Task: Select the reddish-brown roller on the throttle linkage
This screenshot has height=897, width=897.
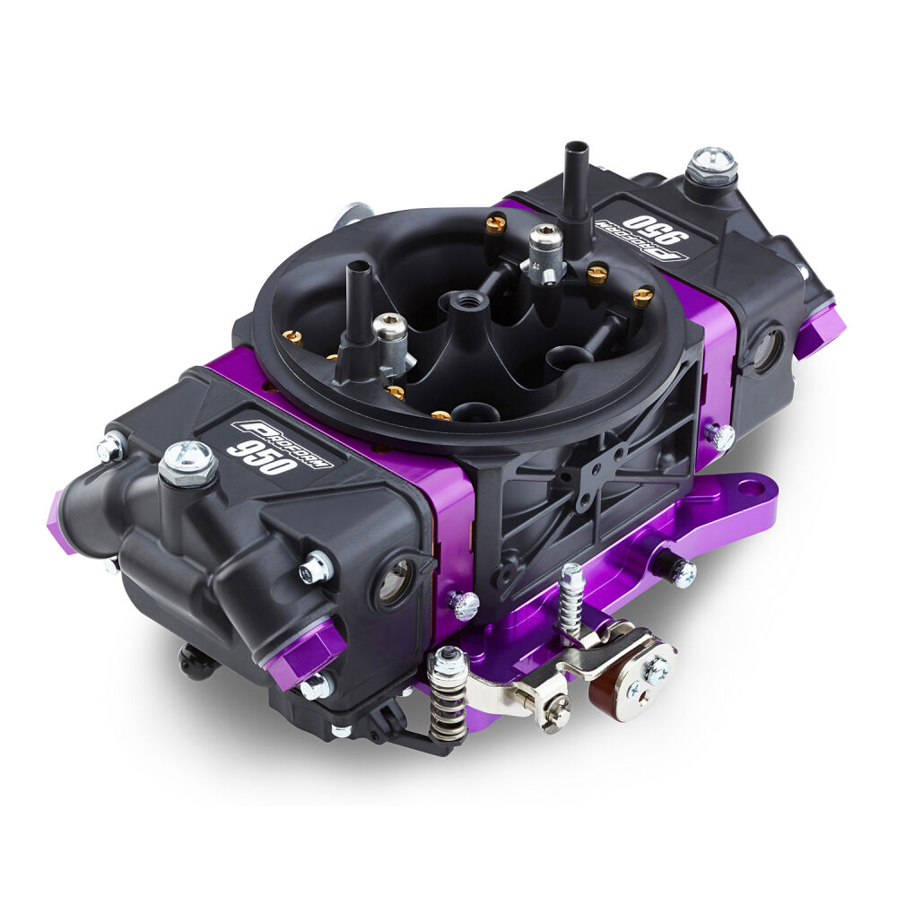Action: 606,685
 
